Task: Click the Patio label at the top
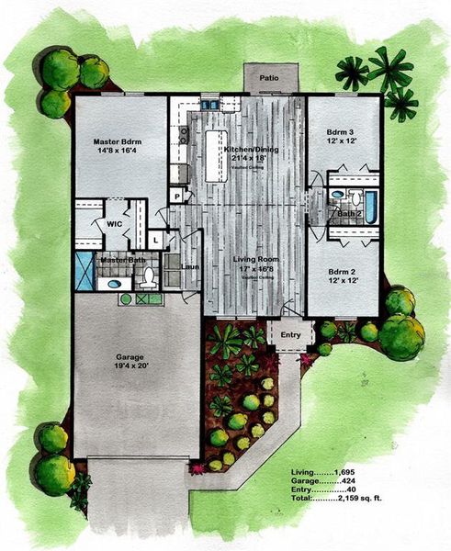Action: point(268,78)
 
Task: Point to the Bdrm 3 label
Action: point(343,134)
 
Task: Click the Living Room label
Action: point(255,260)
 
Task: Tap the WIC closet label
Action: point(115,223)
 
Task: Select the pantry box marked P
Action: point(176,196)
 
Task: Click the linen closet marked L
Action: point(156,241)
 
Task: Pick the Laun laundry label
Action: point(190,267)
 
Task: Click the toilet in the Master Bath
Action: point(147,279)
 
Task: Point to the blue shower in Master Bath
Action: point(85,273)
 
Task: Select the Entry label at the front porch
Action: point(290,335)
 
